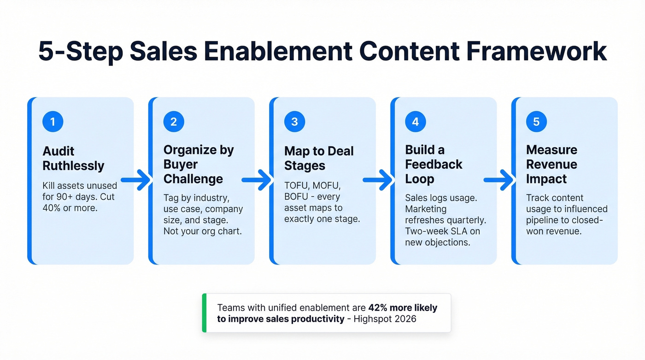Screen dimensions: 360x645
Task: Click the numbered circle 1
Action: [x=53, y=122]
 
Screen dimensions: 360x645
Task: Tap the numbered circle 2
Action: [x=174, y=122]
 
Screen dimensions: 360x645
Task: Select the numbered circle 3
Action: [x=294, y=122]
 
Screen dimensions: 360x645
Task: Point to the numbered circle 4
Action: [x=416, y=122]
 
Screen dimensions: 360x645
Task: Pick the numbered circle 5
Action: [x=536, y=122]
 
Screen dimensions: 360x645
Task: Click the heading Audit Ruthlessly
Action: [x=73, y=158]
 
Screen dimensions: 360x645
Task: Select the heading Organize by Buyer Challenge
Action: [x=199, y=164]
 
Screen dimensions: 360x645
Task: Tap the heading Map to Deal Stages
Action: [x=319, y=158]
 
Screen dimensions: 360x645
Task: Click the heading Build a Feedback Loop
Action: [x=434, y=164]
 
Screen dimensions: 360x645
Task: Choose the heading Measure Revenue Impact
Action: [x=551, y=164]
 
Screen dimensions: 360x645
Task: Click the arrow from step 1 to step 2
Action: [x=137, y=180]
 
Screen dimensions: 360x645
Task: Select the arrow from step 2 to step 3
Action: [x=258, y=180]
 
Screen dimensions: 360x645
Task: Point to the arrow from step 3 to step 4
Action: [x=379, y=180]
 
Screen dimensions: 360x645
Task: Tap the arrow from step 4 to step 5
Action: [x=500, y=180]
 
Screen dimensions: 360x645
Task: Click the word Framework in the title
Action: [x=537, y=52]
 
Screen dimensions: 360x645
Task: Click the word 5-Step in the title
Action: [x=81, y=52]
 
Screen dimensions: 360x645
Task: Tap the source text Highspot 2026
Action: [x=385, y=319]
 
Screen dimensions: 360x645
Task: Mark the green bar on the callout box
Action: [x=204, y=313]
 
